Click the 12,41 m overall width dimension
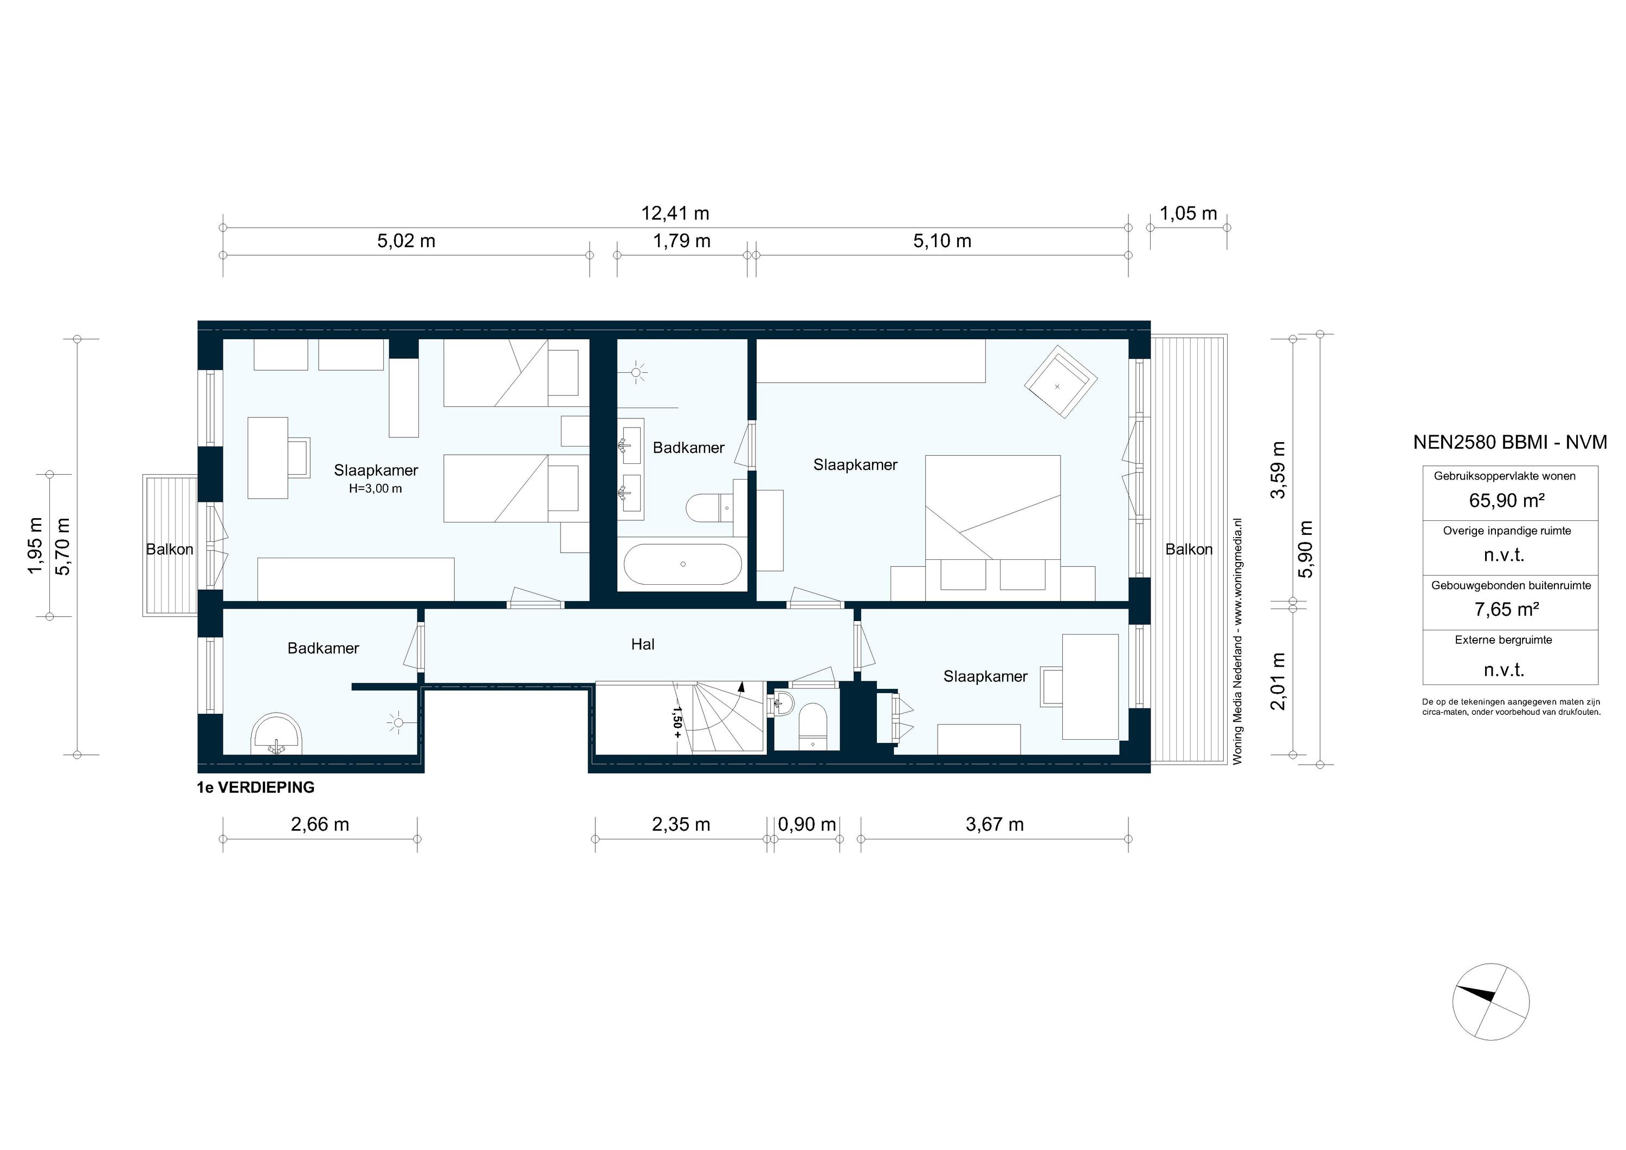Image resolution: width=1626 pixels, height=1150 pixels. click(x=675, y=213)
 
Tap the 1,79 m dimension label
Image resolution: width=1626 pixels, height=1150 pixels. click(x=681, y=241)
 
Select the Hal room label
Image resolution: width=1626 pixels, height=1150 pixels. click(x=642, y=644)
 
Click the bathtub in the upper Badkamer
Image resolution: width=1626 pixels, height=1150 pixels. click(x=683, y=564)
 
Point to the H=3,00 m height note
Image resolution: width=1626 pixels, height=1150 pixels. click(x=376, y=489)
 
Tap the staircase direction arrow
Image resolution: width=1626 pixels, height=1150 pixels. click(x=741, y=685)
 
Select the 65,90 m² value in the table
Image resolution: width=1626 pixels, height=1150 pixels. click(x=1506, y=501)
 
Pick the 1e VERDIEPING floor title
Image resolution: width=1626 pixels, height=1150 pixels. click(x=256, y=787)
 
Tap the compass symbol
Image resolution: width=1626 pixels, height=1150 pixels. click(x=1490, y=1002)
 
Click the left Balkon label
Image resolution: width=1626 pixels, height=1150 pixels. click(x=169, y=550)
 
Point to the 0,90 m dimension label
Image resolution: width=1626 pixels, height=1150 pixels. click(x=806, y=824)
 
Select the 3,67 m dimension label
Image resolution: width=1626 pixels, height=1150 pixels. click(x=994, y=824)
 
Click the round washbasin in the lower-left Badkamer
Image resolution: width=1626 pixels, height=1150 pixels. click(x=277, y=734)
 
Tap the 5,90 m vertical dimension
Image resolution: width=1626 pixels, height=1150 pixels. click(x=1307, y=549)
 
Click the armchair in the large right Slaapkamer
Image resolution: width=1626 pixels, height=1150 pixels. click(x=1060, y=382)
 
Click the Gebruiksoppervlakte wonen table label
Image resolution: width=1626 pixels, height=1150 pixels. click(x=1504, y=476)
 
